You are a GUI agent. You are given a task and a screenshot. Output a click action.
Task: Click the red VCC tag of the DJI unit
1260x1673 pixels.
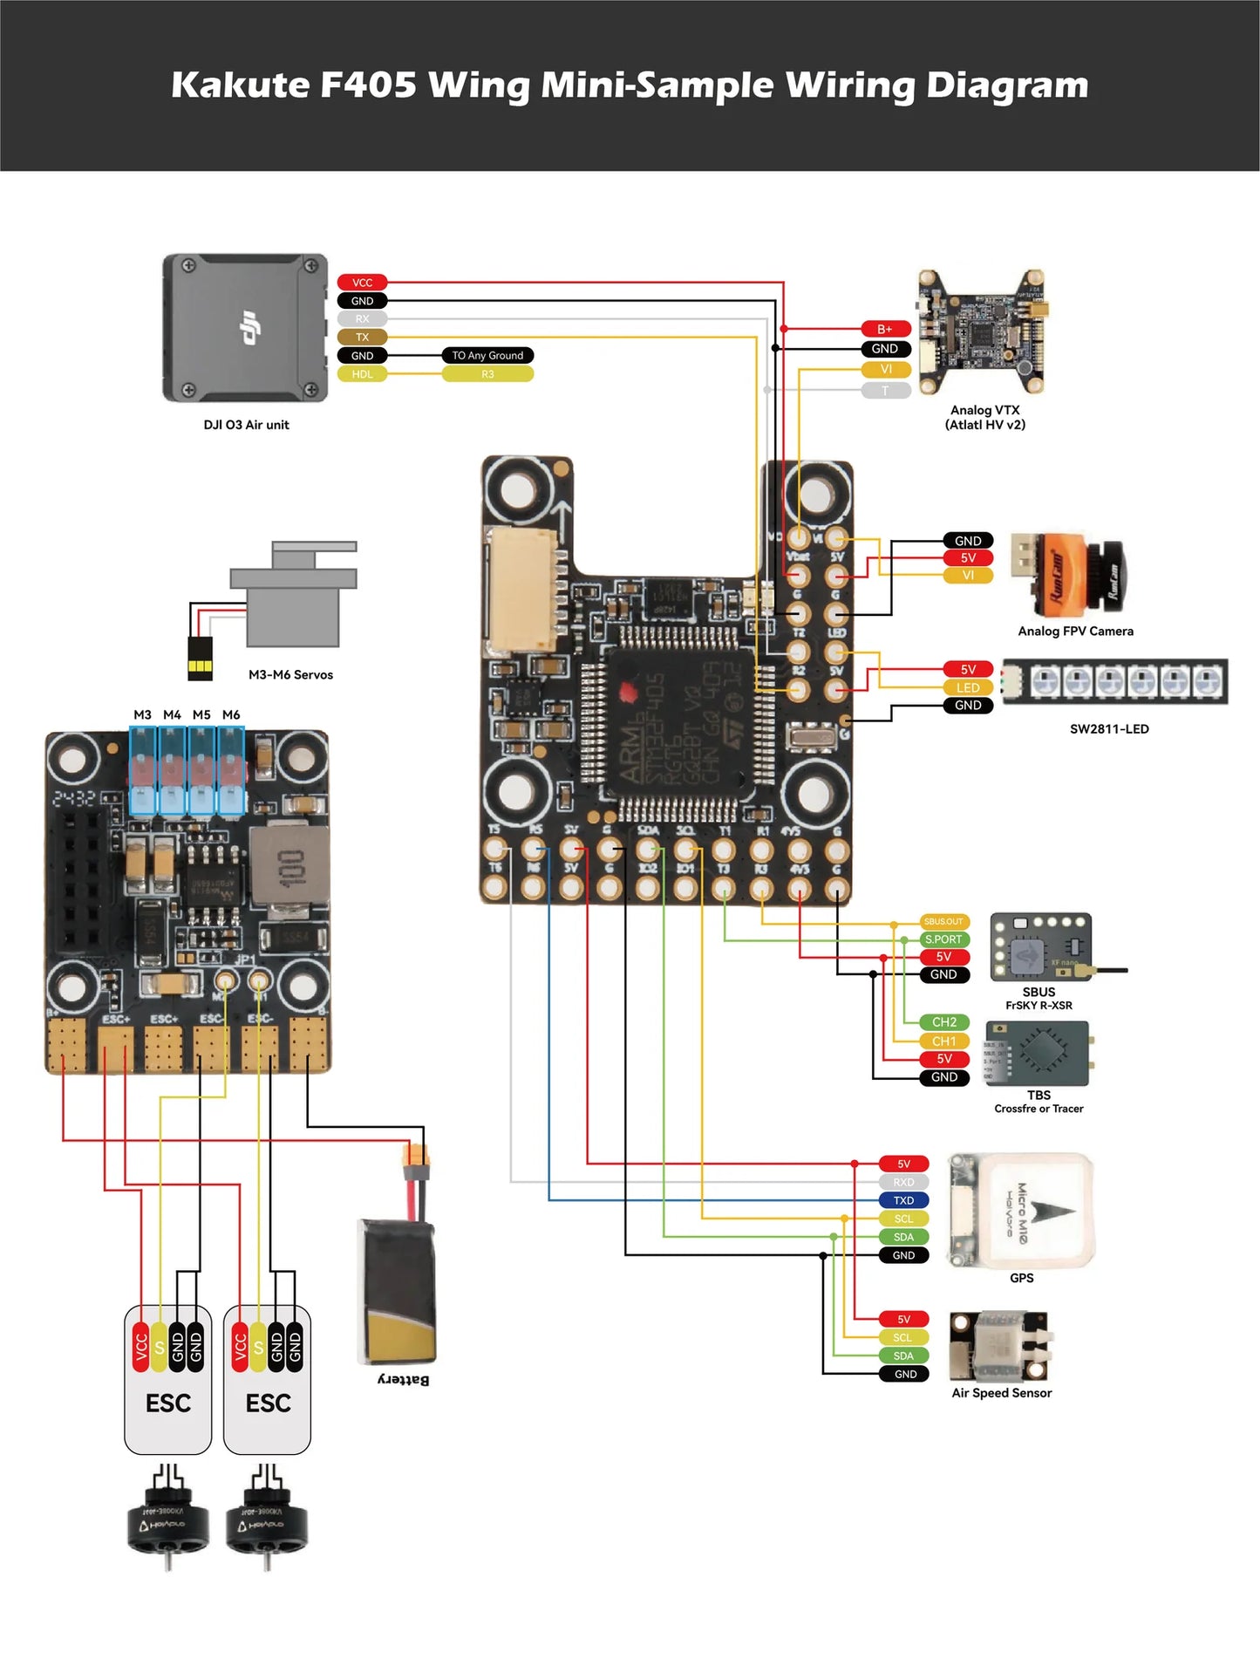point(362,283)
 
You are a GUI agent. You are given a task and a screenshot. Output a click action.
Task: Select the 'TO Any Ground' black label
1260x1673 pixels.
point(487,355)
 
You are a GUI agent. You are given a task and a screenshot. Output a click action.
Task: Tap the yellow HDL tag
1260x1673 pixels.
point(362,374)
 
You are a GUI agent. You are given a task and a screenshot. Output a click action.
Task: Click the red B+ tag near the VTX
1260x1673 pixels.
point(885,329)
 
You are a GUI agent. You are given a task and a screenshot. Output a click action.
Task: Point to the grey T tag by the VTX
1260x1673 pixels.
point(885,391)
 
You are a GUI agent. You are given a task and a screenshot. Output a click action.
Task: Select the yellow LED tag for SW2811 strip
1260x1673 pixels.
point(968,687)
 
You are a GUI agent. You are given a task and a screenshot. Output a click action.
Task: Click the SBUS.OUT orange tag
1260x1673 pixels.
point(943,921)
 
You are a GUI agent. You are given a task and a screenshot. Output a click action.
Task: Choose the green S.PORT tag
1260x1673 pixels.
point(943,939)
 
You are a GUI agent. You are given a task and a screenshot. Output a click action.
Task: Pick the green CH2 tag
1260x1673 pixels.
point(944,1022)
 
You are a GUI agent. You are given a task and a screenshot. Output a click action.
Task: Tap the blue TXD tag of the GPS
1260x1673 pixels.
point(903,1200)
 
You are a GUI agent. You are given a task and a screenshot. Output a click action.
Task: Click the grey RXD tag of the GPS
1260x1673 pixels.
point(903,1182)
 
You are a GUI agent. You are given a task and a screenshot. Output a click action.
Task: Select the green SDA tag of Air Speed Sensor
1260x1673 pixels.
point(903,1355)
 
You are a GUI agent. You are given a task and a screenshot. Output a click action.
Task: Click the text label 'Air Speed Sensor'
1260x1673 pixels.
point(1001,1393)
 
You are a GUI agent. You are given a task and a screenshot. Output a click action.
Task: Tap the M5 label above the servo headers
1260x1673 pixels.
point(201,714)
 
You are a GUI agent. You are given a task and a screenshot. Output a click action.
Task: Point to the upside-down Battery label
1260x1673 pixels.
point(403,1379)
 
